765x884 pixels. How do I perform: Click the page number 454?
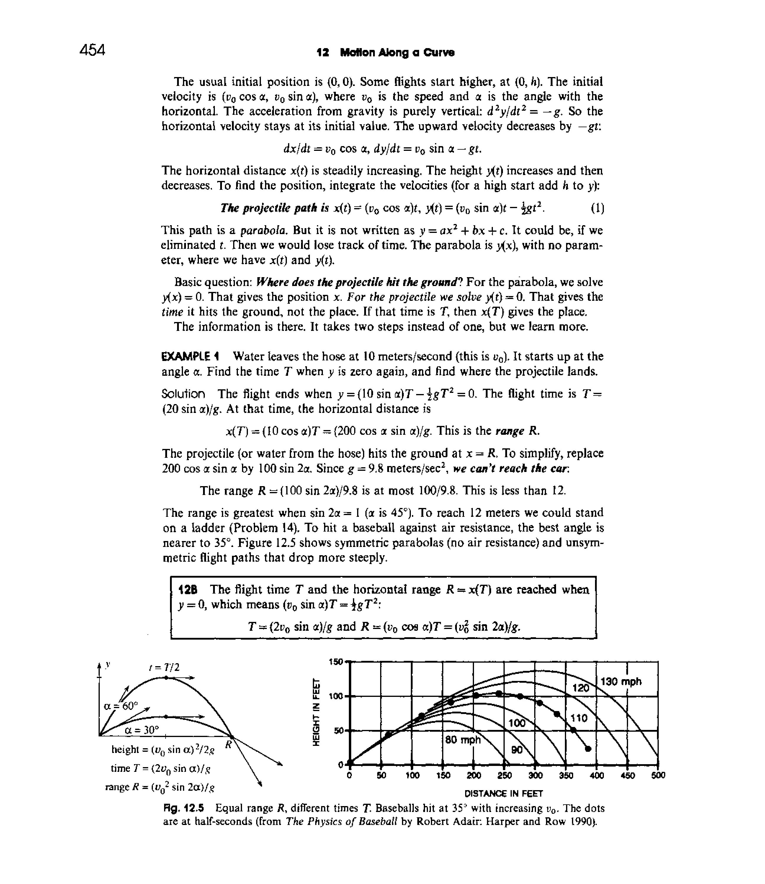pyautogui.click(x=92, y=50)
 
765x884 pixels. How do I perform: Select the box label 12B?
pyautogui.click(x=187, y=590)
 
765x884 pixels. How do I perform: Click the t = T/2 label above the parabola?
pyautogui.click(x=165, y=667)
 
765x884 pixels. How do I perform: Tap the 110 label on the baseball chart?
pyautogui.click(x=580, y=718)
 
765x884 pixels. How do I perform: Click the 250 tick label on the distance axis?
pyautogui.click(x=505, y=775)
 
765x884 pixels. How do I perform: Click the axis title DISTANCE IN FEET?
pyautogui.click(x=503, y=793)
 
